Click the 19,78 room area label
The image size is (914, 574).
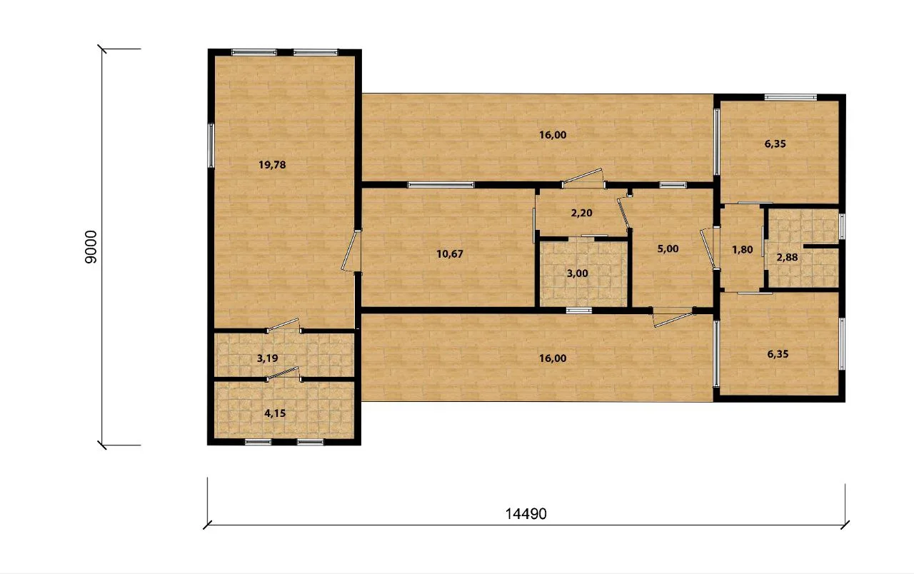pyautogui.click(x=272, y=165)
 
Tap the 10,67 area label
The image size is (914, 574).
pyautogui.click(x=450, y=254)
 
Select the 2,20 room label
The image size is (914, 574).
pyautogui.click(x=581, y=213)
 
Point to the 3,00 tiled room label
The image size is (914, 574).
pyautogui.click(x=578, y=273)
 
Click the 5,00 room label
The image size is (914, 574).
pyautogui.click(x=668, y=249)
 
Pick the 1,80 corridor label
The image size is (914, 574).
pyautogui.click(x=742, y=250)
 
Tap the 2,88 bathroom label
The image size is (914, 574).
pyautogui.click(x=787, y=258)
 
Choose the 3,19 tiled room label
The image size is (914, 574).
pyautogui.click(x=267, y=358)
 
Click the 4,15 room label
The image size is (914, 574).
pyautogui.click(x=275, y=413)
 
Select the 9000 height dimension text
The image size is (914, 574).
pyautogui.click(x=91, y=247)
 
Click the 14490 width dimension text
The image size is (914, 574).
pyautogui.click(x=526, y=514)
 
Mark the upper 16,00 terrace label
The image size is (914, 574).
pyautogui.click(x=553, y=135)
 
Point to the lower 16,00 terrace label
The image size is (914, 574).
pyautogui.click(x=553, y=358)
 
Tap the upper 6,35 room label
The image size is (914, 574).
pyautogui.click(x=775, y=143)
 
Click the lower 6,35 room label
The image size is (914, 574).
pyautogui.click(x=778, y=354)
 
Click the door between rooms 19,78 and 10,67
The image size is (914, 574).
pyautogui.click(x=351, y=251)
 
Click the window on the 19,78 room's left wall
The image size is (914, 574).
pyautogui.click(x=211, y=146)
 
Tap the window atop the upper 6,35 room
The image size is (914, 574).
pyautogui.click(x=790, y=97)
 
